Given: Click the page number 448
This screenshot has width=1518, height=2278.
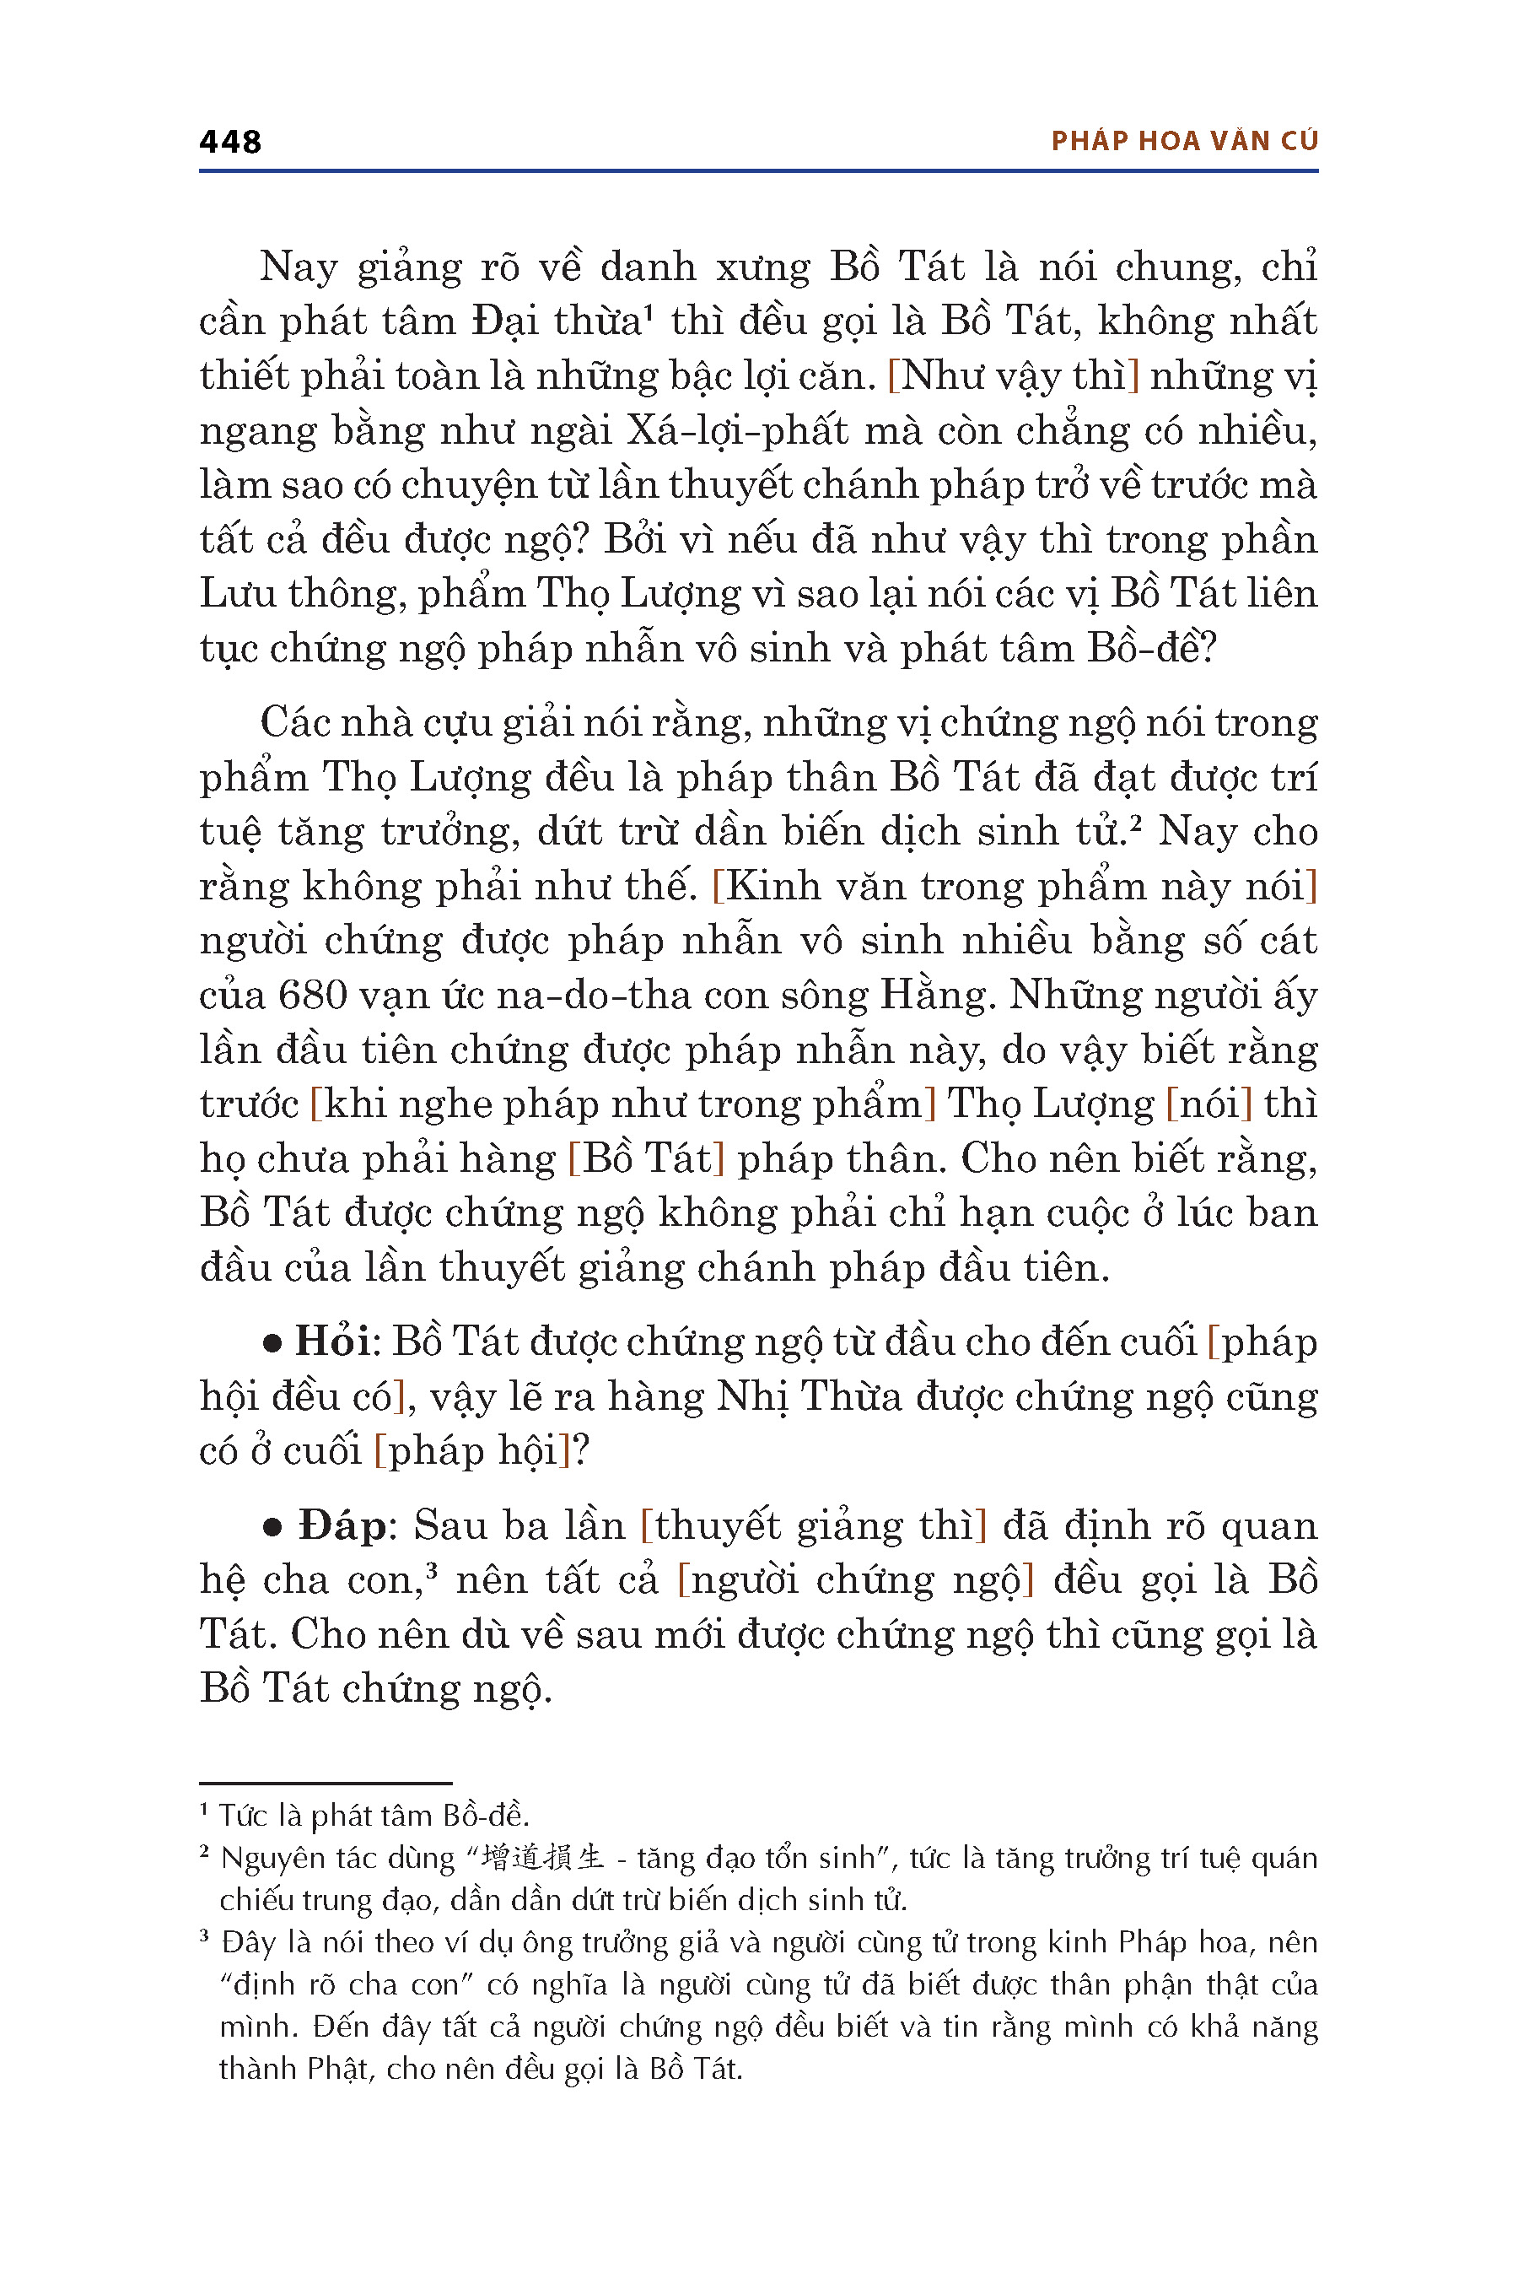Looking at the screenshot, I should click(230, 143).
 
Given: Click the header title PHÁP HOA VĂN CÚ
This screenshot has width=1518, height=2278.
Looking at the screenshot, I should click(1184, 142).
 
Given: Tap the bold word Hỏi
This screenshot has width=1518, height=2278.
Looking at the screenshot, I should click(333, 1342).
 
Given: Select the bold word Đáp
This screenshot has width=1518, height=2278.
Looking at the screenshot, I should click(342, 1525).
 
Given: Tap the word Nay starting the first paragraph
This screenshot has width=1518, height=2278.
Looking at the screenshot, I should click(299, 267).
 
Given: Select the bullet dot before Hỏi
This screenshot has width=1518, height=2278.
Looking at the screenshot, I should click(273, 1343).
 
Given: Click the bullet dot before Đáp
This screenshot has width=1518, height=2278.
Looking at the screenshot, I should click(273, 1527).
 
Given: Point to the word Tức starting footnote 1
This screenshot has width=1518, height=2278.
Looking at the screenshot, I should click(242, 1815).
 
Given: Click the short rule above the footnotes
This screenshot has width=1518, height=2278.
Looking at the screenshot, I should click(326, 1783).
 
